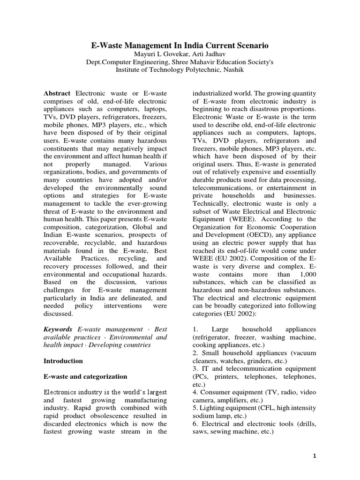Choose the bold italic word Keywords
coord(58,330)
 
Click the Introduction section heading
coord(63,361)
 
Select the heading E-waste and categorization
coord(85,376)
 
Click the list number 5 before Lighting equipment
coord(195,408)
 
